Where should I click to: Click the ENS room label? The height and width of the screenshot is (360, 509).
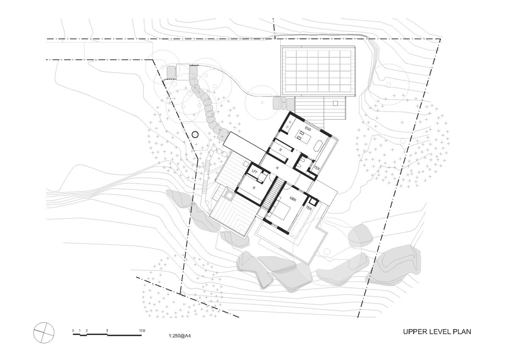[x=308, y=129]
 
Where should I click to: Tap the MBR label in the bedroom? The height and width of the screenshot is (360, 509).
[x=292, y=198]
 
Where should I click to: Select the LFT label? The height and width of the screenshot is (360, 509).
[x=254, y=172]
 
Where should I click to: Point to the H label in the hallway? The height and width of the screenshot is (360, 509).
[x=277, y=168]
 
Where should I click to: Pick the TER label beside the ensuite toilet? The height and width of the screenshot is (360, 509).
[x=317, y=168]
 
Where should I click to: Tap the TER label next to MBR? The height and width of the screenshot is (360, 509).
[x=309, y=208]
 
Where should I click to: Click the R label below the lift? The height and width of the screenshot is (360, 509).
[x=254, y=188]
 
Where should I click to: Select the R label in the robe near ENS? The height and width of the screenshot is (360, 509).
[x=281, y=150]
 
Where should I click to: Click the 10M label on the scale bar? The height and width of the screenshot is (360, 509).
[x=142, y=330]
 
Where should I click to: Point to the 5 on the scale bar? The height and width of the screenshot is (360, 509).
[x=107, y=330]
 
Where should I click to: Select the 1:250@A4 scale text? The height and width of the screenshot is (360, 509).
[x=179, y=335]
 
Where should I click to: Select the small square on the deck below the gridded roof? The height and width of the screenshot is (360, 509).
[x=336, y=103]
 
